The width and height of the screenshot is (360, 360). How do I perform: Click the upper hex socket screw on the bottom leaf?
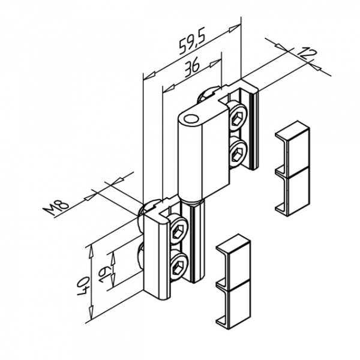coord(178,232)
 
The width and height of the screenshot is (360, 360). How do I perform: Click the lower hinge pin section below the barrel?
coord(196,240)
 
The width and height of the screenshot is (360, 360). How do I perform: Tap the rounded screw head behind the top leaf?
coord(207,94)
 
